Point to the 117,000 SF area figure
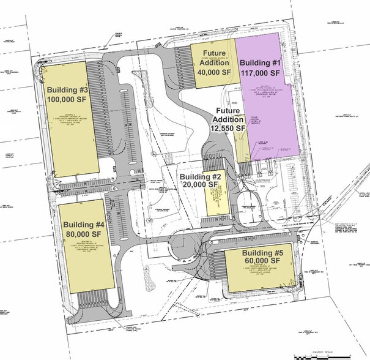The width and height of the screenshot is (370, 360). pyautogui.click(x=261, y=72)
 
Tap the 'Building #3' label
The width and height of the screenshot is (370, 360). pyautogui.click(x=68, y=90)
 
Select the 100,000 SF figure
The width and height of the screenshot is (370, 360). pyautogui.click(x=68, y=100)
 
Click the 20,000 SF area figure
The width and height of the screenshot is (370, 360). pyautogui.click(x=201, y=184)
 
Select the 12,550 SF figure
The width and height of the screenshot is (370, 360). pyautogui.click(x=228, y=129)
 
